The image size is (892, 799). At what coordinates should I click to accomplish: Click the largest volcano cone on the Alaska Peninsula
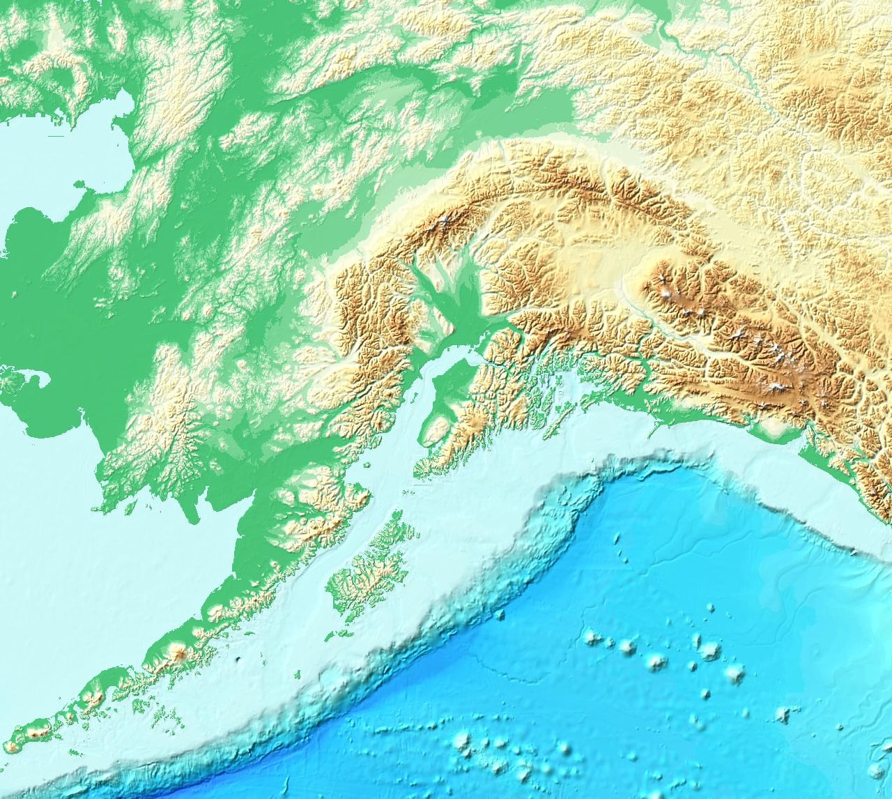pyautogui.click(x=180, y=653)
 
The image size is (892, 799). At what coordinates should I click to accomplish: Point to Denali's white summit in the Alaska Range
pyautogui.click(x=443, y=223)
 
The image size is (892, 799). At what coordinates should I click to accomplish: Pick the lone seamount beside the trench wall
pyautogui.click(x=499, y=614)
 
